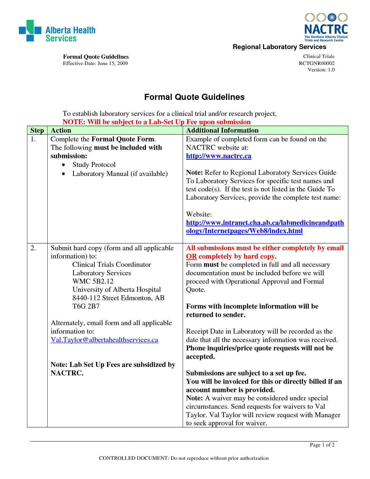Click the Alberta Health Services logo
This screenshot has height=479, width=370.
pyautogui.click(x=57, y=31)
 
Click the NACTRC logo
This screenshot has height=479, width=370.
pyautogui.click(x=326, y=27)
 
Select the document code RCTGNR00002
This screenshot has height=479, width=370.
pyautogui.click(x=317, y=63)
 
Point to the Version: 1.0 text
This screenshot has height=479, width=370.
pyautogui.click(x=321, y=70)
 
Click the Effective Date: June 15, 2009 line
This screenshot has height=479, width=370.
pyautogui.click(x=95, y=63)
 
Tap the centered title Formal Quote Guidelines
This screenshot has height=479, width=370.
pyautogui.click(x=194, y=97)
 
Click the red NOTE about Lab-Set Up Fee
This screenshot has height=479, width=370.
pyautogui.click(x=156, y=122)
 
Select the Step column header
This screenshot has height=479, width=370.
pyautogui.click(x=37, y=130)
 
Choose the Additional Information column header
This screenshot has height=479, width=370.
pyautogui.click(x=222, y=130)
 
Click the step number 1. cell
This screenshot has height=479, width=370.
pyautogui.click(x=33, y=139)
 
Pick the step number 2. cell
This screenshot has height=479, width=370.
pyautogui.click(x=33, y=248)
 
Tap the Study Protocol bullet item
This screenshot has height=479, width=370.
pyautogui.click(x=94, y=165)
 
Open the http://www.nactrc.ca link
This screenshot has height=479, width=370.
pyautogui.click(x=219, y=156)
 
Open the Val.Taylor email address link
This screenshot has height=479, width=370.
pyautogui.click(x=104, y=340)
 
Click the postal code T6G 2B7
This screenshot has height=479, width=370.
pyautogui.click(x=86, y=306)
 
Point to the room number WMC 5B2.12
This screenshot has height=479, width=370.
pyautogui.click(x=93, y=281)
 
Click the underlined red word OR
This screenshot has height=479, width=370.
pyautogui.click(x=192, y=256)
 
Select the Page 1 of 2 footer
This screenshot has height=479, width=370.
pyautogui.click(x=322, y=445)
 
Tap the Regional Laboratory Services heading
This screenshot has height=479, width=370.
pyautogui.click(x=279, y=47)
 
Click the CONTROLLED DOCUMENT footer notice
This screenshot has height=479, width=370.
pyautogui.click(x=184, y=458)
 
